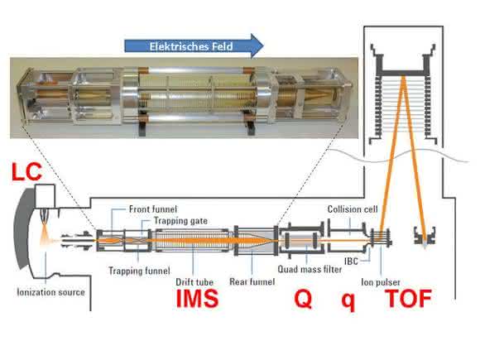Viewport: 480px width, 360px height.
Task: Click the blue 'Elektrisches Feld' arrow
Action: click(x=194, y=46)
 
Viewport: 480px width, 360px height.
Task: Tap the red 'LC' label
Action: click(x=26, y=172)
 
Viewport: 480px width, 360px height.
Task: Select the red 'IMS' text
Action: click(x=197, y=298)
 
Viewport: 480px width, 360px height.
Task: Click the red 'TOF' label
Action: click(x=408, y=298)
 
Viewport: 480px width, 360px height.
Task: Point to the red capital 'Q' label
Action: click(x=303, y=299)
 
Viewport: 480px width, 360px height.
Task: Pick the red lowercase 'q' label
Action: click(x=348, y=301)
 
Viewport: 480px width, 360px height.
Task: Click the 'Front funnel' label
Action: click(x=153, y=209)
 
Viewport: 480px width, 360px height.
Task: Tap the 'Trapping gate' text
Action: click(x=180, y=221)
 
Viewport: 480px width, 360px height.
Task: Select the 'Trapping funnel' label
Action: click(x=139, y=271)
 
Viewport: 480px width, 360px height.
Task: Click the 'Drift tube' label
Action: click(x=194, y=282)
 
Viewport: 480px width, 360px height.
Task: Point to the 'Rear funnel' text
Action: click(x=252, y=281)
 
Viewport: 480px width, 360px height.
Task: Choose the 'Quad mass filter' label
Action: click(x=310, y=270)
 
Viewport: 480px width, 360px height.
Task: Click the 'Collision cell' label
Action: click(x=353, y=209)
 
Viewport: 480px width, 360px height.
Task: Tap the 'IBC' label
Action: click(x=351, y=262)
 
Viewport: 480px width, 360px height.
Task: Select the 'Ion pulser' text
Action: click(x=381, y=282)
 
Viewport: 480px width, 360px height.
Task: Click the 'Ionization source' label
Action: click(x=50, y=292)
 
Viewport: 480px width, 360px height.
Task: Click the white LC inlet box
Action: click(x=46, y=195)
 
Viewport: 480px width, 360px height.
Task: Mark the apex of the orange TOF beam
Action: click(x=404, y=76)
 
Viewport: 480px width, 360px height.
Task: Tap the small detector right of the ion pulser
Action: click(x=425, y=236)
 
